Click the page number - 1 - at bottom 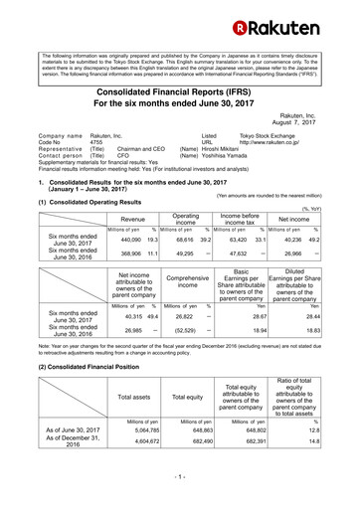tap(179, 479)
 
